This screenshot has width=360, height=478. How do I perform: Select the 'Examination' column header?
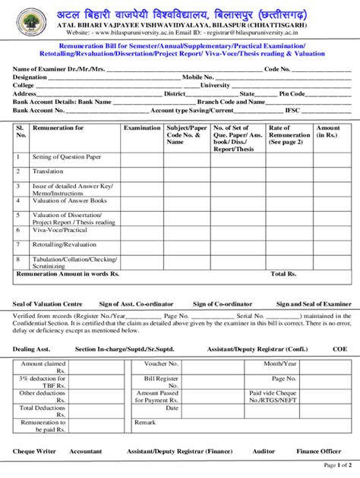click(142, 128)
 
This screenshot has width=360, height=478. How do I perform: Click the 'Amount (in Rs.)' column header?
click(328, 131)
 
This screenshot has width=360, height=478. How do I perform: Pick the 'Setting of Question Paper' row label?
click(67, 157)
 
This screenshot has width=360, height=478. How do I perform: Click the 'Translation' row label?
click(48, 172)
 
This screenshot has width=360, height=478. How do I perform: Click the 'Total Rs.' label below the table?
click(283, 273)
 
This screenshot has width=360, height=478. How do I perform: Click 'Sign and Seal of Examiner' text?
click(313, 303)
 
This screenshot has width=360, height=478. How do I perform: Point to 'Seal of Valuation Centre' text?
click(48, 303)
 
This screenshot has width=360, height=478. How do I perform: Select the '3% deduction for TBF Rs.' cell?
click(43, 382)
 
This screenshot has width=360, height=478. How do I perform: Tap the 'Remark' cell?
click(145, 423)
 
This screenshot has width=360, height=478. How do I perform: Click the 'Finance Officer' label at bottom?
click(319, 451)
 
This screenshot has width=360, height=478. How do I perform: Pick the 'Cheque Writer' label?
click(35, 451)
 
